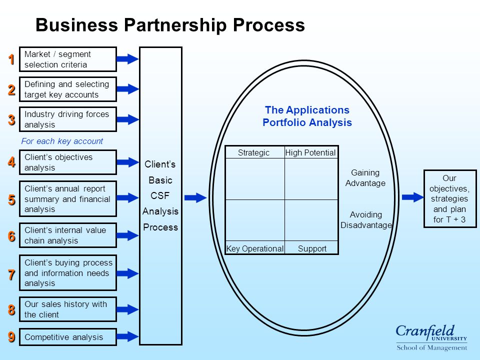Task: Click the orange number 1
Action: pyautogui.click(x=11, y=59)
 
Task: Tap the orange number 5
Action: pyautogui.click(x=11, y=199)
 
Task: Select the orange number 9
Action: pyautogui.click(x=11, y=336)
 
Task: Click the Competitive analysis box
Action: pyautogui.click(x=68, y=337)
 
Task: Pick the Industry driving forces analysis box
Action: pyautogui.click(x=68, y=119)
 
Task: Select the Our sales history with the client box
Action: pyautogui.click(x=68, y=309)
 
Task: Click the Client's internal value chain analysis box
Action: pyautogui.click(x=68, y=235)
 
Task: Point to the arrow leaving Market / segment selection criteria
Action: pyautogui.click(x=127, y=59)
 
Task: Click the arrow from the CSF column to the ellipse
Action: pyautogui.click(x=195, y=197)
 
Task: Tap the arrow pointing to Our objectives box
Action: pyautogui.click(x=412, y=197)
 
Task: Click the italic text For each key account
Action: pyautogui.click(x=62, y=141)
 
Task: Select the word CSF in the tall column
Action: pyautogui.click(x=160, y=195)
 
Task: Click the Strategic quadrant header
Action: pyautogui.click(x=254, y=152)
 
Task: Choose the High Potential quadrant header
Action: pyautogui.click(x=310, y=152)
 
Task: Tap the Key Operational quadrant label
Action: pyautogui.click(x=254, y=248)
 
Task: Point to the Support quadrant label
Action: pyautogui.click(x=312, y=248)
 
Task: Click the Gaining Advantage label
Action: pyautogui.click(x=365, y=178)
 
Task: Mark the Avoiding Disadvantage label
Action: pyautogui.click(x=366, y=220)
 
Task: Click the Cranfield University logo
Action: pyautogui.click(x=431, y=337)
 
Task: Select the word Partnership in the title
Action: pyautogui.click(x=175, y=25)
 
